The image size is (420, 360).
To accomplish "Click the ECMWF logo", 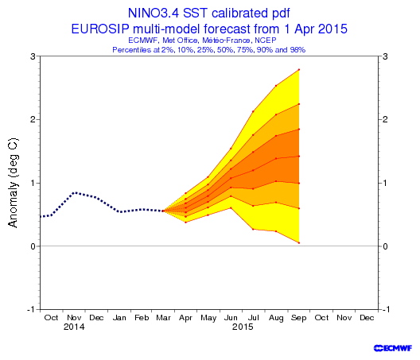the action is (393, 348).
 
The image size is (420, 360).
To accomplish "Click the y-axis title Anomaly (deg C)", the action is (13, 183).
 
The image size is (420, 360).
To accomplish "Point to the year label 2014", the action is (74, 327).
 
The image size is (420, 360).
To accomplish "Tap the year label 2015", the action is (243, 327).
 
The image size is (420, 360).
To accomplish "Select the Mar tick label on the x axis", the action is (163, 318).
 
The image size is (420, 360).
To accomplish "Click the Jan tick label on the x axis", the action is (119, 318).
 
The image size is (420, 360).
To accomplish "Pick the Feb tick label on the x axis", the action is (142, 318).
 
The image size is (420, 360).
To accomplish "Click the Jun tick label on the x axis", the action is (231, 318).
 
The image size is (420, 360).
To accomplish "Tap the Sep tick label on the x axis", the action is (298, 318).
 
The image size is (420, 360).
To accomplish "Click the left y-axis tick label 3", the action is (33, 56).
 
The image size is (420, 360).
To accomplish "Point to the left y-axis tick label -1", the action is (31, 309).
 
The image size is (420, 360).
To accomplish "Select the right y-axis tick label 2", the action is (385, 119).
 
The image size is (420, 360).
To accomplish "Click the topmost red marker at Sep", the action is (299, 70).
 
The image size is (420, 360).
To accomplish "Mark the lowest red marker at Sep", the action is (299, 242).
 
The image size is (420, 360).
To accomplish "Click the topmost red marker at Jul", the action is (253, 111).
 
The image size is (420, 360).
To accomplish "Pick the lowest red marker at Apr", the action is (185, 223).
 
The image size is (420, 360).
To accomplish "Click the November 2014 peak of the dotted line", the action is (76, 192).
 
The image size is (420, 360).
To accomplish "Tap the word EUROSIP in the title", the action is (100, 29).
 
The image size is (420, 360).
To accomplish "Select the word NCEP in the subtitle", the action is (266, 41).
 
